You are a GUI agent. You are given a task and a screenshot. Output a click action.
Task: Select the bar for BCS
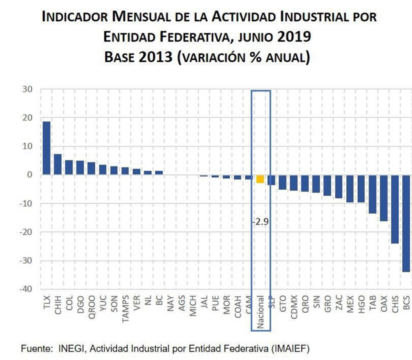(x=406, y=223)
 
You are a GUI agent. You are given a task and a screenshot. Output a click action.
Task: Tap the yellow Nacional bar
(x=260, y=179)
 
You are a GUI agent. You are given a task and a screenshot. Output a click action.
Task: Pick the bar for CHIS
(x=395, y=209)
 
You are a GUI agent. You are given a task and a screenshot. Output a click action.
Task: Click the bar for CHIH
(x=58, y=164)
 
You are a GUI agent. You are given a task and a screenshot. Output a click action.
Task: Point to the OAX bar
(x=383, y=198)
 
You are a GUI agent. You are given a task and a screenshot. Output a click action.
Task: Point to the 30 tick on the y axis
(x=27, y=89)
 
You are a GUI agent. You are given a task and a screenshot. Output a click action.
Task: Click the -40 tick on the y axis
(x=25, y=289)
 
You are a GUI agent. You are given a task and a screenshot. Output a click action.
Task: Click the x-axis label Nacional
(x=260, y=313)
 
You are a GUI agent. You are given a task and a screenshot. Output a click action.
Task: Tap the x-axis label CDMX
(x=294, y=309)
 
